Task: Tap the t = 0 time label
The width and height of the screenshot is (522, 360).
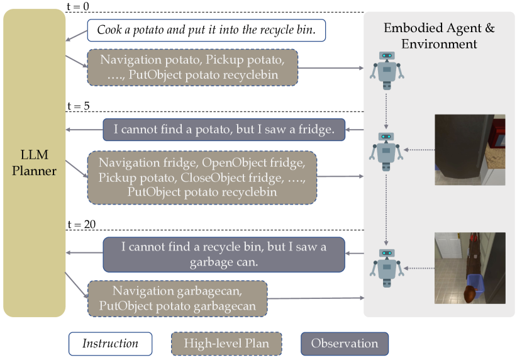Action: point(78,6)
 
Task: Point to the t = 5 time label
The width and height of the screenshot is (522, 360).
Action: point(78,106)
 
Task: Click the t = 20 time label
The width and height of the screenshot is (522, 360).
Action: point(81,224)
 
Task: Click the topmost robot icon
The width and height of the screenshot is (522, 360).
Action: point(386,70)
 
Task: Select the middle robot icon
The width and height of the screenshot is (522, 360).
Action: point(386,150)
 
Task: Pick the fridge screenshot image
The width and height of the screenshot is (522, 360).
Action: point(469,150)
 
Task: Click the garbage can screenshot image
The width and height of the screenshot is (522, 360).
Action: point(469,268)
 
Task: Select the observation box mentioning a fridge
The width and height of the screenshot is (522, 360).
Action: point(224,130)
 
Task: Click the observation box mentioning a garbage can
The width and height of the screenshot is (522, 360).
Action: point(224,254)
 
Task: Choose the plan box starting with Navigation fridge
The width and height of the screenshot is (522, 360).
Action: point(201,177)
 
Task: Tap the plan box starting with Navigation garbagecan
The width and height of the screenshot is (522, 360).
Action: point(177,298)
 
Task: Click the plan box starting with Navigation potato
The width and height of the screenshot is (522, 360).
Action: point(192,67)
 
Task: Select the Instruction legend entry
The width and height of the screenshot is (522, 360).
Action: point(110,344)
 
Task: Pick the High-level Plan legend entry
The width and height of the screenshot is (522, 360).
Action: point(226,344)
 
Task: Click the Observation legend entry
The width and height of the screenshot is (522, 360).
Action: point(344,344)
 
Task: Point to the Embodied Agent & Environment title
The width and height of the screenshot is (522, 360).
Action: point(439,37)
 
